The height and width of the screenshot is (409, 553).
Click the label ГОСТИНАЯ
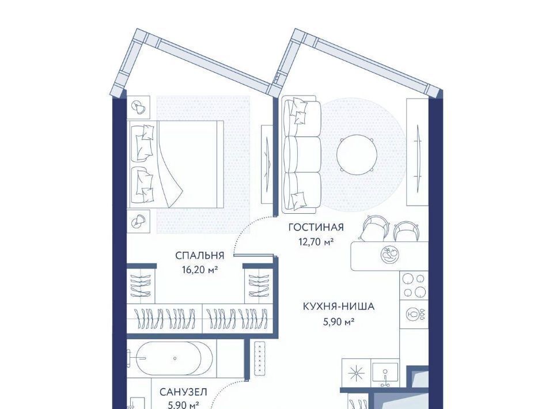316,228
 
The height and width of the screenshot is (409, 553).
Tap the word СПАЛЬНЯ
200,256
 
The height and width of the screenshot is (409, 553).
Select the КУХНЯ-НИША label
339,306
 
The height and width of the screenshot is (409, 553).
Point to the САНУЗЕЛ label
183,392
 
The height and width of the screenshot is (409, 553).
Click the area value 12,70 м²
316,242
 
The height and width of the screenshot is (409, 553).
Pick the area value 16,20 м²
200,270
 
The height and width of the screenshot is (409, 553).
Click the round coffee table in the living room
357,154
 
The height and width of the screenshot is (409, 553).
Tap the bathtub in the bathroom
175,358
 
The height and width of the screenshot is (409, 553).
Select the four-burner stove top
414,285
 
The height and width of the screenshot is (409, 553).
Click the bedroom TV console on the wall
267,164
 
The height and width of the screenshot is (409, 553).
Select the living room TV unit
418,152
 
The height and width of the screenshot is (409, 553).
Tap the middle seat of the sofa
302,154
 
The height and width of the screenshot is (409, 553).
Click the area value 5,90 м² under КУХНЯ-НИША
339,321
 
